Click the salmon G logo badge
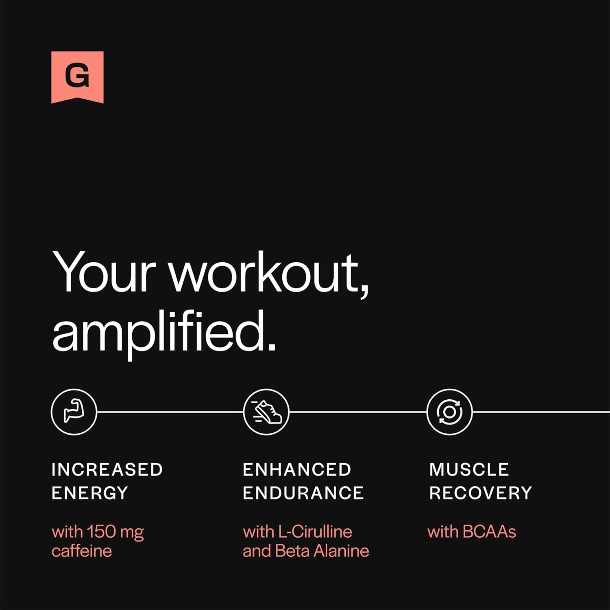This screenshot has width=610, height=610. click(77, 77)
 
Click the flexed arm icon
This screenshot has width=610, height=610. click(74, 412)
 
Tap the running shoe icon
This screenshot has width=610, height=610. click(266, 412)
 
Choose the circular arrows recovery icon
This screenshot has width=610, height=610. click(449, 412)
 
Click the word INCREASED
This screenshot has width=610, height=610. click(107, 470)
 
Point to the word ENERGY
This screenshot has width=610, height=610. click(90, 493)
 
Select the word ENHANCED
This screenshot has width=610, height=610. click(297, 470)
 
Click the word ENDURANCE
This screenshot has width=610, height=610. click(303, 493)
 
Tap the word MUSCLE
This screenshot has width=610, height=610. click(469, 470)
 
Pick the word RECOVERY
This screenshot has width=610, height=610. click(481, 493)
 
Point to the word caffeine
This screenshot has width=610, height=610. click(82, 551)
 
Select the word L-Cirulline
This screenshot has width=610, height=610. click(315, 532)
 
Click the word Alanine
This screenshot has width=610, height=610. click(342, 551)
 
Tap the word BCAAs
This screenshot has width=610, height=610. click(489, 532)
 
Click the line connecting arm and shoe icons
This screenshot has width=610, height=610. click(170, 412)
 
